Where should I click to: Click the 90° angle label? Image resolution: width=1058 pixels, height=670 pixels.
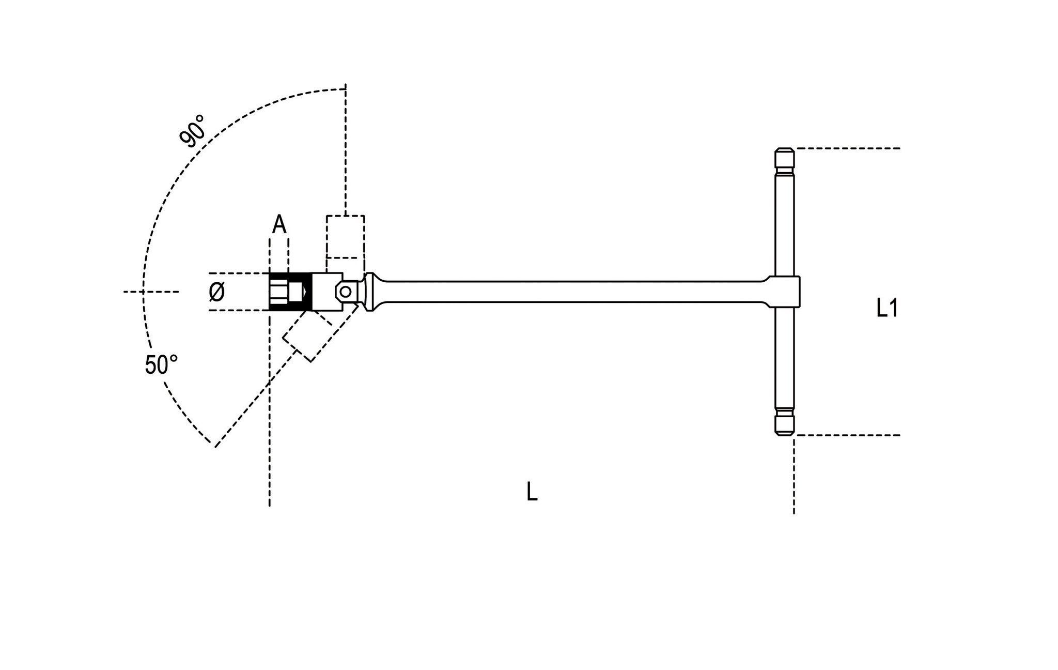(x=192, y=131)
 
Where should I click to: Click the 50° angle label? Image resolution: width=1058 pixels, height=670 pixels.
(x=161, y=365)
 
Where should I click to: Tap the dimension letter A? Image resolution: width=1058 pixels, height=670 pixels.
(x=279, y=225)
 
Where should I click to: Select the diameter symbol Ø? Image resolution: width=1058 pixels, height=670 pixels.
(x=217, y=293)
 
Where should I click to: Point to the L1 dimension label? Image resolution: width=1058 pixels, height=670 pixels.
(x=887, y=309)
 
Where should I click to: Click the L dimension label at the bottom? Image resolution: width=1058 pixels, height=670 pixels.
(x=532, y=492)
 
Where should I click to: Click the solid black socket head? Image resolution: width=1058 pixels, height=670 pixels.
(x=289, y=292)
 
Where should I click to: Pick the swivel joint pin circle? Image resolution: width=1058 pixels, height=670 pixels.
(x=345, y=292)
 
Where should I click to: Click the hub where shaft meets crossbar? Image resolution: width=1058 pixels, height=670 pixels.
(x=785, y=292)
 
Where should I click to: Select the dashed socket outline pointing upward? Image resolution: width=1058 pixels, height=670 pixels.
(x=345, y=236)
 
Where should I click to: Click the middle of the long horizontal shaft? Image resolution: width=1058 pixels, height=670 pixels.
(x=568, y=292)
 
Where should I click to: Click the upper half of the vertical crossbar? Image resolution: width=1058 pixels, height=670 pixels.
(x=784, y=222)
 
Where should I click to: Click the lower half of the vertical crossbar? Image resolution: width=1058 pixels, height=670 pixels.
(x=784, y=362)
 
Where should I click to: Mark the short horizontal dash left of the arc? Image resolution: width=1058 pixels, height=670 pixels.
(x=151, y=292)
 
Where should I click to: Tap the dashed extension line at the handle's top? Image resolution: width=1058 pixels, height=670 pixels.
(x=847, y=148)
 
